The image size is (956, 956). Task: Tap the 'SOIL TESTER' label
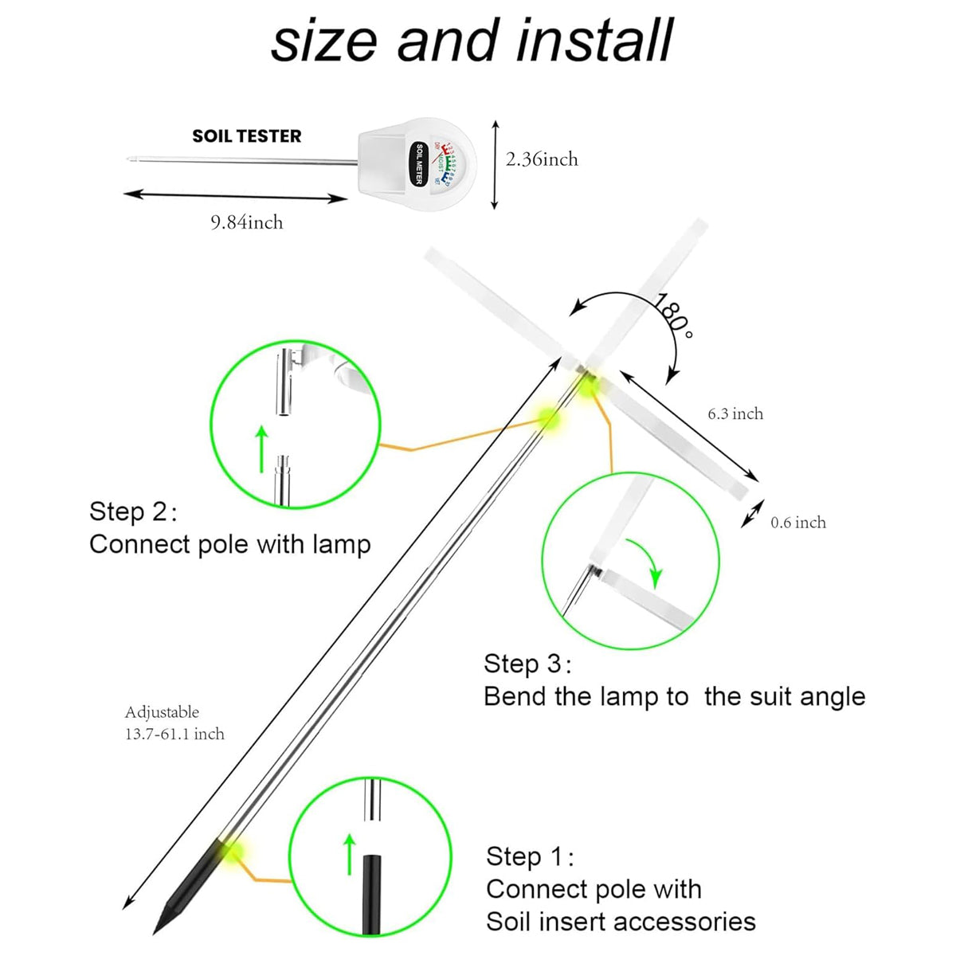[247, 136]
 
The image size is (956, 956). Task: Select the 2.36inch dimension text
[542, 159]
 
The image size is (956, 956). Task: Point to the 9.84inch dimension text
[247, 222]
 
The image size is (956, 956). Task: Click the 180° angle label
[673, 315]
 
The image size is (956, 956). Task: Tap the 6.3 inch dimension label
[735, 413]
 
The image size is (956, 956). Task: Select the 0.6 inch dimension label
[798, 523]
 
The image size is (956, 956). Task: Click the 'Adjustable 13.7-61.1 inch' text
[174, 723]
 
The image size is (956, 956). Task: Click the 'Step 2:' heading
[133, 511]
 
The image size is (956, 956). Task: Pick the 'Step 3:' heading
[527, 664]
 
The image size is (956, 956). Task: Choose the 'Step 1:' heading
[530, 856]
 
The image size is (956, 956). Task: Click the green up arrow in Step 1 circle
[348, 854]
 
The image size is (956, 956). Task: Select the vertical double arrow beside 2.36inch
[495, 164]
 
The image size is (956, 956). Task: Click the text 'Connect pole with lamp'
[230, 544]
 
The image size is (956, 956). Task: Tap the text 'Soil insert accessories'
[621, 922]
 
